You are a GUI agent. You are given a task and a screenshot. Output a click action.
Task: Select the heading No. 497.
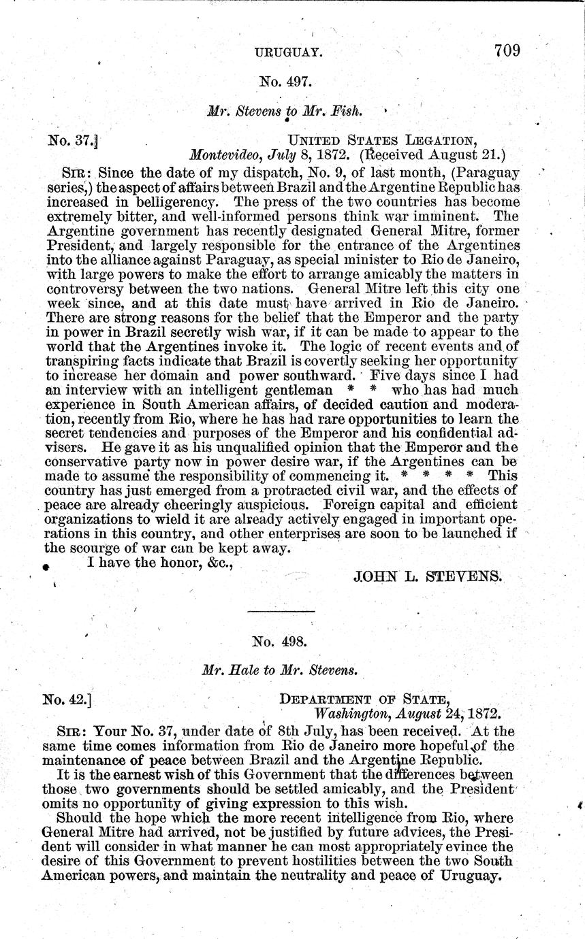click(285, 82)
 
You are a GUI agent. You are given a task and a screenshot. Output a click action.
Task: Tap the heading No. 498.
click(280, 640)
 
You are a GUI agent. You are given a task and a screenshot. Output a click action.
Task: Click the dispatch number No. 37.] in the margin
click(73, 142)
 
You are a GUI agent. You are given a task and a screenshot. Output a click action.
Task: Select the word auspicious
click(272, 505)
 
